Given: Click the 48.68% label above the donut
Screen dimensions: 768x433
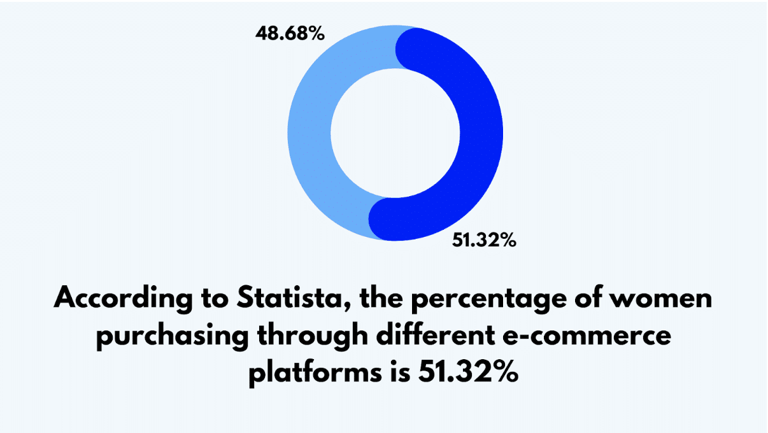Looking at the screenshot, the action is click(290, 34).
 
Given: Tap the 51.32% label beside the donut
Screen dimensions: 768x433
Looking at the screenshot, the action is click(484, 239).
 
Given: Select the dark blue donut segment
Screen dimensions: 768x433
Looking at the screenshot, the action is click(481, 134).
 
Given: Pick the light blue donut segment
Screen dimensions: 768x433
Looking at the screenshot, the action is click(309, 134).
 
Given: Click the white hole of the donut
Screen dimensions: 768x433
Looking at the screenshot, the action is click(395, 133).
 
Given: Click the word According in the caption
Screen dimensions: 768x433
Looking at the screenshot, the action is click(124, 299).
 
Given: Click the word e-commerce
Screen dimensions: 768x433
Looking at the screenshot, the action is click(587, 336).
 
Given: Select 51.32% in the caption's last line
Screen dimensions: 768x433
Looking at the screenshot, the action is click(468, 372).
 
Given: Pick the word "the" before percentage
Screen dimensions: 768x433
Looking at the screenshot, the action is click(381, 297).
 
